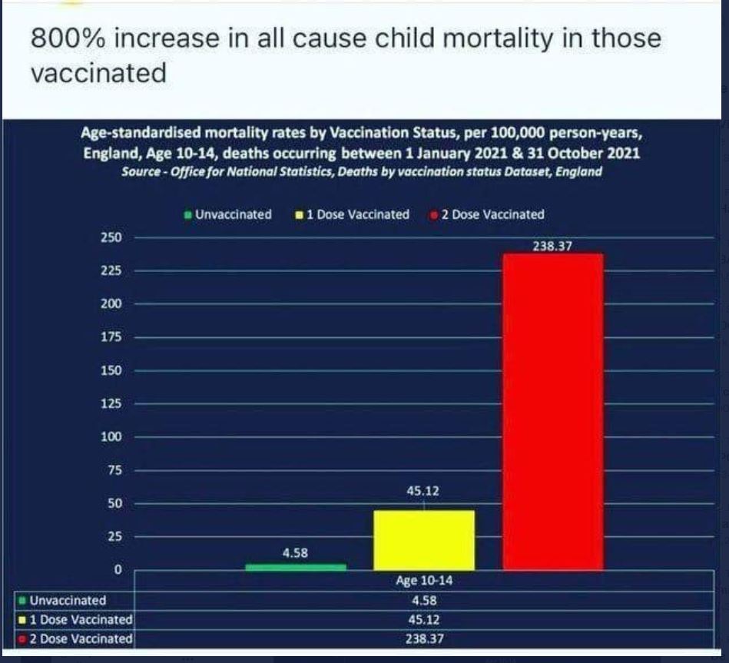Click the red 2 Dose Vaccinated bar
pyautogui.click(x=552, y=411)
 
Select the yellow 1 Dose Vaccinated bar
pyautogui.click(x=423, y=539)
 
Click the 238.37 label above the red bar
pyautogui.click(x=552, y=247)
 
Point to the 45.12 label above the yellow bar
pyautogui.click(x=423, y=490)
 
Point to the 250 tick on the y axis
pyautogui.click(x=112, y=237)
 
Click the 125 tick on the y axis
pyautogui.click(x=112, y=403)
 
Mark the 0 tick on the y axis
pyautogui.click(x=118, y=569)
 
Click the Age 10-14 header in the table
pyautogui.click(x=423, y=581)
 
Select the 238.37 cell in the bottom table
pyautogui.click(x=423, y=638)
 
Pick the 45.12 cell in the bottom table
pyautogui.click(x=423, y=618)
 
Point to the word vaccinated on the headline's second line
pyautogui.click(x=98, y=73)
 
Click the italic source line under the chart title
pyautogui.click(x=361, y=171)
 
